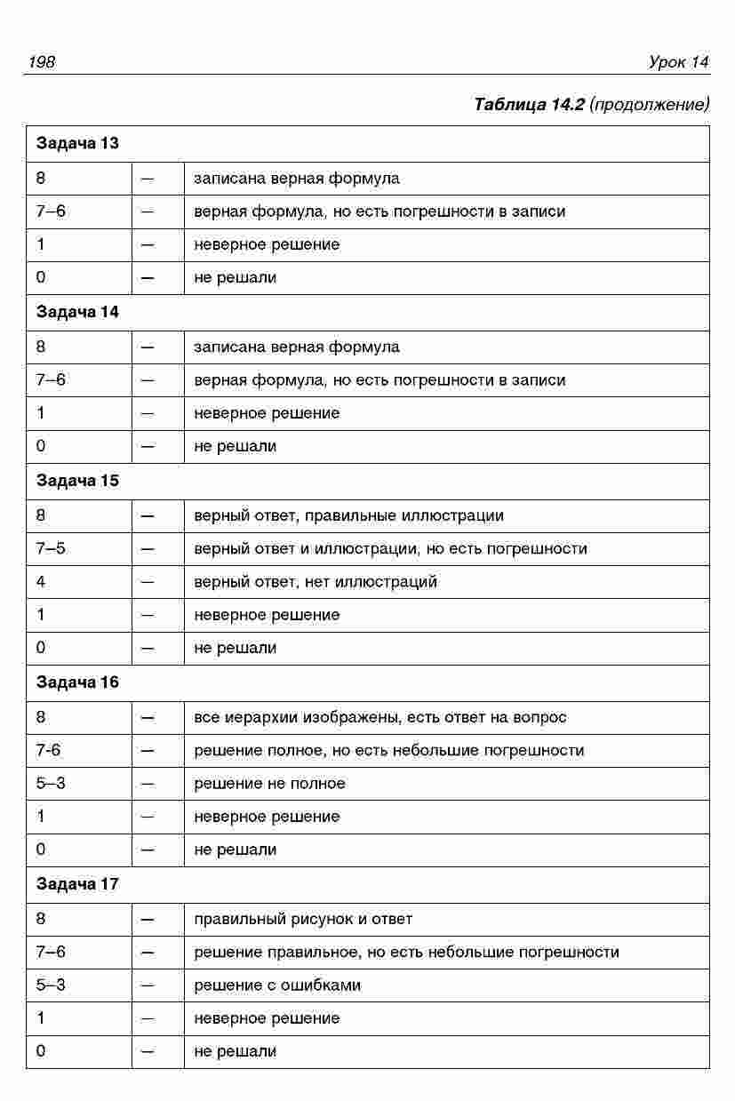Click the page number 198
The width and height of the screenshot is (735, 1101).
42,61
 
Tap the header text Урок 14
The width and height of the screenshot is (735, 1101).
678,61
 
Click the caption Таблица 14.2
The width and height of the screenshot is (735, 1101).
529,105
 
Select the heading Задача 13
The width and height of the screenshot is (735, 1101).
77,144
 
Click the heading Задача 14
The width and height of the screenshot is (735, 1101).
77,312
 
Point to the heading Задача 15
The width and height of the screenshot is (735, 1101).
77,481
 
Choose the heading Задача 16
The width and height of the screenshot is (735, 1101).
77,682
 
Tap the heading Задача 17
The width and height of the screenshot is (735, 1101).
77,884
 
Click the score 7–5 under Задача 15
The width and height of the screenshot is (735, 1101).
51,548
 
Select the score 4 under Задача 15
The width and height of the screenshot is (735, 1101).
41,582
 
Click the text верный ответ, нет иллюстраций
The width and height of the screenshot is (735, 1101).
316,582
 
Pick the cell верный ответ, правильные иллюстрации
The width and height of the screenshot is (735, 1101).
348,515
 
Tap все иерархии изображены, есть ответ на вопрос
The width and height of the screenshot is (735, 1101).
380,717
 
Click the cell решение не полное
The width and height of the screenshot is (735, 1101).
269,783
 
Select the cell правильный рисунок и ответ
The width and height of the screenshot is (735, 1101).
303,919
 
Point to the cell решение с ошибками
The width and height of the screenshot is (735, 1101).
277,985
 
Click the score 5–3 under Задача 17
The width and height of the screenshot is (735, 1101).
51,985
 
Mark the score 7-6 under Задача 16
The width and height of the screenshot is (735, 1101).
49,750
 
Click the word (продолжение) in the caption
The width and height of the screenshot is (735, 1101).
650,105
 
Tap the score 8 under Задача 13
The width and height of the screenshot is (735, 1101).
41,178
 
